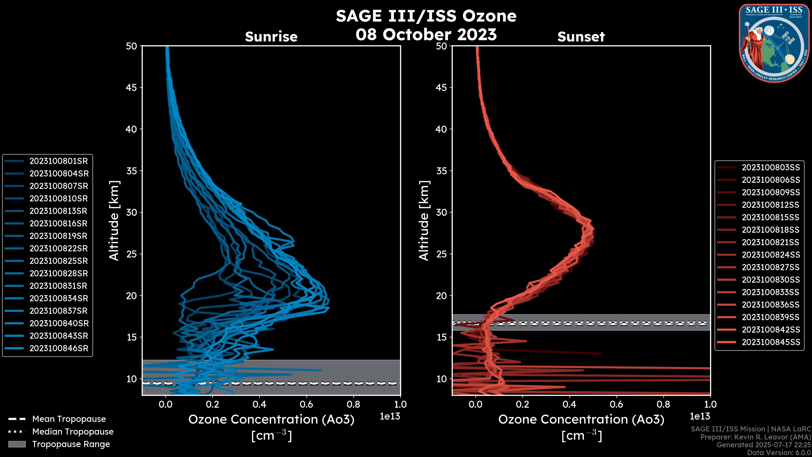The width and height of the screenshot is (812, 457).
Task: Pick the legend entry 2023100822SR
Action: [59, 249]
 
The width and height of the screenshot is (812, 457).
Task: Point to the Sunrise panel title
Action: [271, 37]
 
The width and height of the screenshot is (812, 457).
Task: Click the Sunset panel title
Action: [581, 37]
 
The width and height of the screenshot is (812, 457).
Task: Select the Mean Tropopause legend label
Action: [69, 419]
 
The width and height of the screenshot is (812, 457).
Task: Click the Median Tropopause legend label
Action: [73, 432]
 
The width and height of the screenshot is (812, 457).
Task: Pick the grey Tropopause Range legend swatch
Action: [17, 444]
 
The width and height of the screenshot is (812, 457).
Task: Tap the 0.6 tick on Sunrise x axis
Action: [306, 404]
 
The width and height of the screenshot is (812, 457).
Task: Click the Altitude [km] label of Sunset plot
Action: [424, 220]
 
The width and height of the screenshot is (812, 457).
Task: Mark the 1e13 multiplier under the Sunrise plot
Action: [390, 417]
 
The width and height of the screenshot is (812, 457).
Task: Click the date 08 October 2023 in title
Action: [426, 35]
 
